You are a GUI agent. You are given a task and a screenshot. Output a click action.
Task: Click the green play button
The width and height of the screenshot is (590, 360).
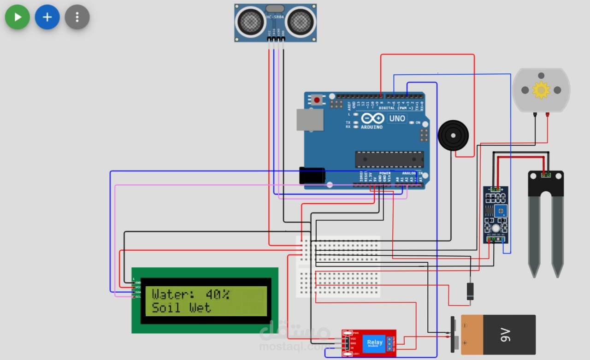(x=18, y=18)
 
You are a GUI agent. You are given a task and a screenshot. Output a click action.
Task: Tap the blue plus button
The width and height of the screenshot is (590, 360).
(x=47, y=18)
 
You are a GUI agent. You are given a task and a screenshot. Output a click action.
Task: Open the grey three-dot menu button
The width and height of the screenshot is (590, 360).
(x=77, y=18)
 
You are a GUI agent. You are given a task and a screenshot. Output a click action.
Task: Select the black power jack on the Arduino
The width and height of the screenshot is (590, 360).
(x=312, y=176)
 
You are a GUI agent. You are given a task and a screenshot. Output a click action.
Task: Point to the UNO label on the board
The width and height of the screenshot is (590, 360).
(x=396, y=118)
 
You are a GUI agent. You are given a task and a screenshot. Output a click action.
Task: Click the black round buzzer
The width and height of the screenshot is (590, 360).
(x=453, y=136)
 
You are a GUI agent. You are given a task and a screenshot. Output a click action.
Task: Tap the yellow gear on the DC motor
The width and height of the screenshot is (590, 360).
(x=541, y=90)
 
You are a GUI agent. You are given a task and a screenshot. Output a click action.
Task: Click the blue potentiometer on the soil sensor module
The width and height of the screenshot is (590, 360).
(x=501, y=211)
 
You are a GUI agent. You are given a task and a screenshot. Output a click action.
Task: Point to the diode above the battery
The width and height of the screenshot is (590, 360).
(x=470, y=290)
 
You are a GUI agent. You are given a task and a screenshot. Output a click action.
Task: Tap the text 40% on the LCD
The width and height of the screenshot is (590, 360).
(x=218, y=294)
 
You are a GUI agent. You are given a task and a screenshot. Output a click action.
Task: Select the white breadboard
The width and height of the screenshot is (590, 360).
(x=338, y=266)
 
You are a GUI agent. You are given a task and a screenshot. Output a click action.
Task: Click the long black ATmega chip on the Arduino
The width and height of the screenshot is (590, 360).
(x=389, y=159)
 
